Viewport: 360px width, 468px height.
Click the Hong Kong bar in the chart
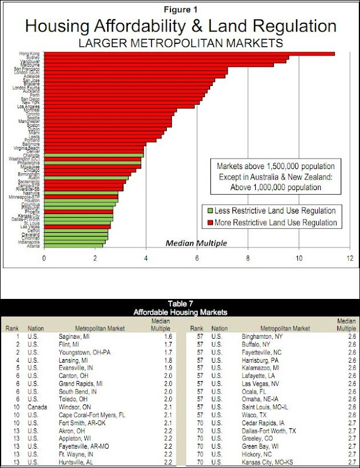pyautogui.click(x=187, y=54)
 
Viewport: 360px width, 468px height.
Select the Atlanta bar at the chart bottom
pyautogui.click(x=73, y=246)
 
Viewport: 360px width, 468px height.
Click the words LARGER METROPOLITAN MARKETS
pyautogui.click(x=180, y=43)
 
